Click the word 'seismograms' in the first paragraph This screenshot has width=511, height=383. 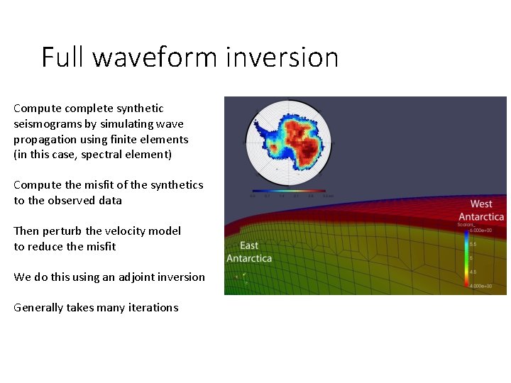pyautogui.click(x=47, y=124)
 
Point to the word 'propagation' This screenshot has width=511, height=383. pyautogui.click(x=47, y=140)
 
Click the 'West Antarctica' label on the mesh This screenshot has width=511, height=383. pyautogui.click(x=481, y=211)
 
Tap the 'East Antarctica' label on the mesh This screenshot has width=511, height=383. pyautogui.click(x=249, y=252)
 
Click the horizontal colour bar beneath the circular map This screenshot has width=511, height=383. pyautogui.click(x=288, y=191)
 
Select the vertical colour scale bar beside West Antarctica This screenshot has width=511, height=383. pyautogui.click(x=466, y=257)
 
